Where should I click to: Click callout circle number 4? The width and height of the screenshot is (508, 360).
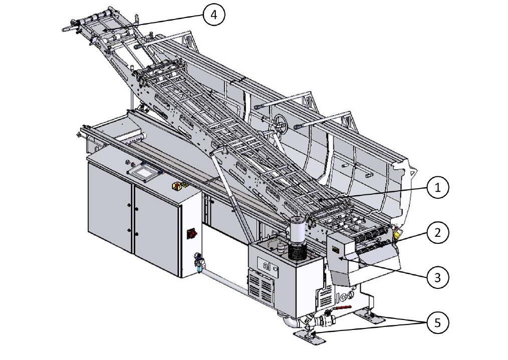click(213, 15)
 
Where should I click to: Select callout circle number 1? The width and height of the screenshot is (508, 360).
click(438, 187)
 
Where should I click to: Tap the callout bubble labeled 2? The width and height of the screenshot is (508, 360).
click(438, 233)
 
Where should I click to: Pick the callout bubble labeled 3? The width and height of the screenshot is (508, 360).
click(438, 277)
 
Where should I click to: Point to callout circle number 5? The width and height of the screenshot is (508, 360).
click(438, 322)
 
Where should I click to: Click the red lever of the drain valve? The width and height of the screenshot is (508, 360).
click(343, 307)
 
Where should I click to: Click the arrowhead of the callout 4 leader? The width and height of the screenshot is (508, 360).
click(103, 30)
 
